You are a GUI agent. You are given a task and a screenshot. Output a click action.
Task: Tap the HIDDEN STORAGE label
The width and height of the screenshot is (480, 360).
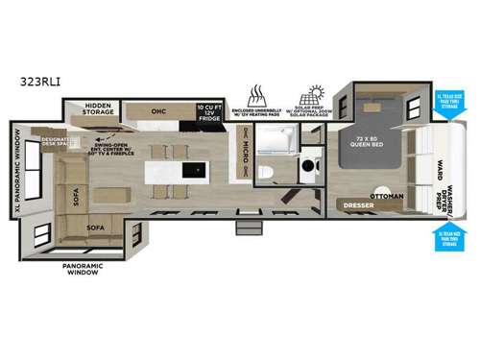(99, 109)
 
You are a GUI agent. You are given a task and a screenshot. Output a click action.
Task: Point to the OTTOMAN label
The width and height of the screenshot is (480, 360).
(386, 196)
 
